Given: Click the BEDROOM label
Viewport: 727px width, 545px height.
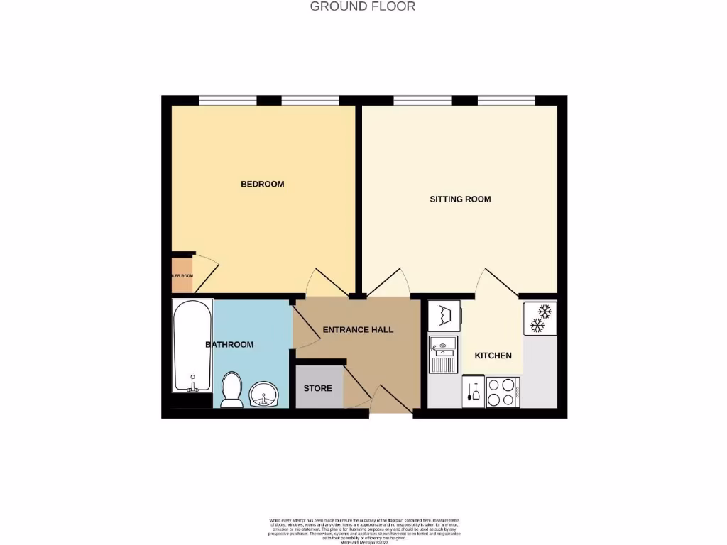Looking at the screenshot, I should (x=263, y=184).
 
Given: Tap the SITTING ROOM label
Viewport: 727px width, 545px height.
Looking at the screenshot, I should (x=460, y=199).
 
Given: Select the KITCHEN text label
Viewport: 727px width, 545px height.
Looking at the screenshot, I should (x=493, y=355).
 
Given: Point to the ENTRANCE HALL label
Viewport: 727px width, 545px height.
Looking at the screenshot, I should (x=358, y=329).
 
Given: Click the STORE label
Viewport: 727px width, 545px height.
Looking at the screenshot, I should (x=318, y=388).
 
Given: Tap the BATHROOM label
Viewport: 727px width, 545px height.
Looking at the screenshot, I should (x=229, y=345).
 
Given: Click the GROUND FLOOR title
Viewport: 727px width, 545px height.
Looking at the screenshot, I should (x=363, y=6).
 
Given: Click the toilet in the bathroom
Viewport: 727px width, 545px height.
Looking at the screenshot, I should (x=232, y=391).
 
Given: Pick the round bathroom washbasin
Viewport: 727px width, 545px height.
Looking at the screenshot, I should (x=264, y=394).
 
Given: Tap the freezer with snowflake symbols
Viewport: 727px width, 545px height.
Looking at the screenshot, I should (x=540, y=318).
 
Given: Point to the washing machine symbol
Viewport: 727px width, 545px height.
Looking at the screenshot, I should (x=444, y=314).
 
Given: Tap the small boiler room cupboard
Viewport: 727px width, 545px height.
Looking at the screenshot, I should (x=182, y=275).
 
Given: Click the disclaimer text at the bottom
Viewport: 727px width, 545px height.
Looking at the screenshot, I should (x=363, y=532).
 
